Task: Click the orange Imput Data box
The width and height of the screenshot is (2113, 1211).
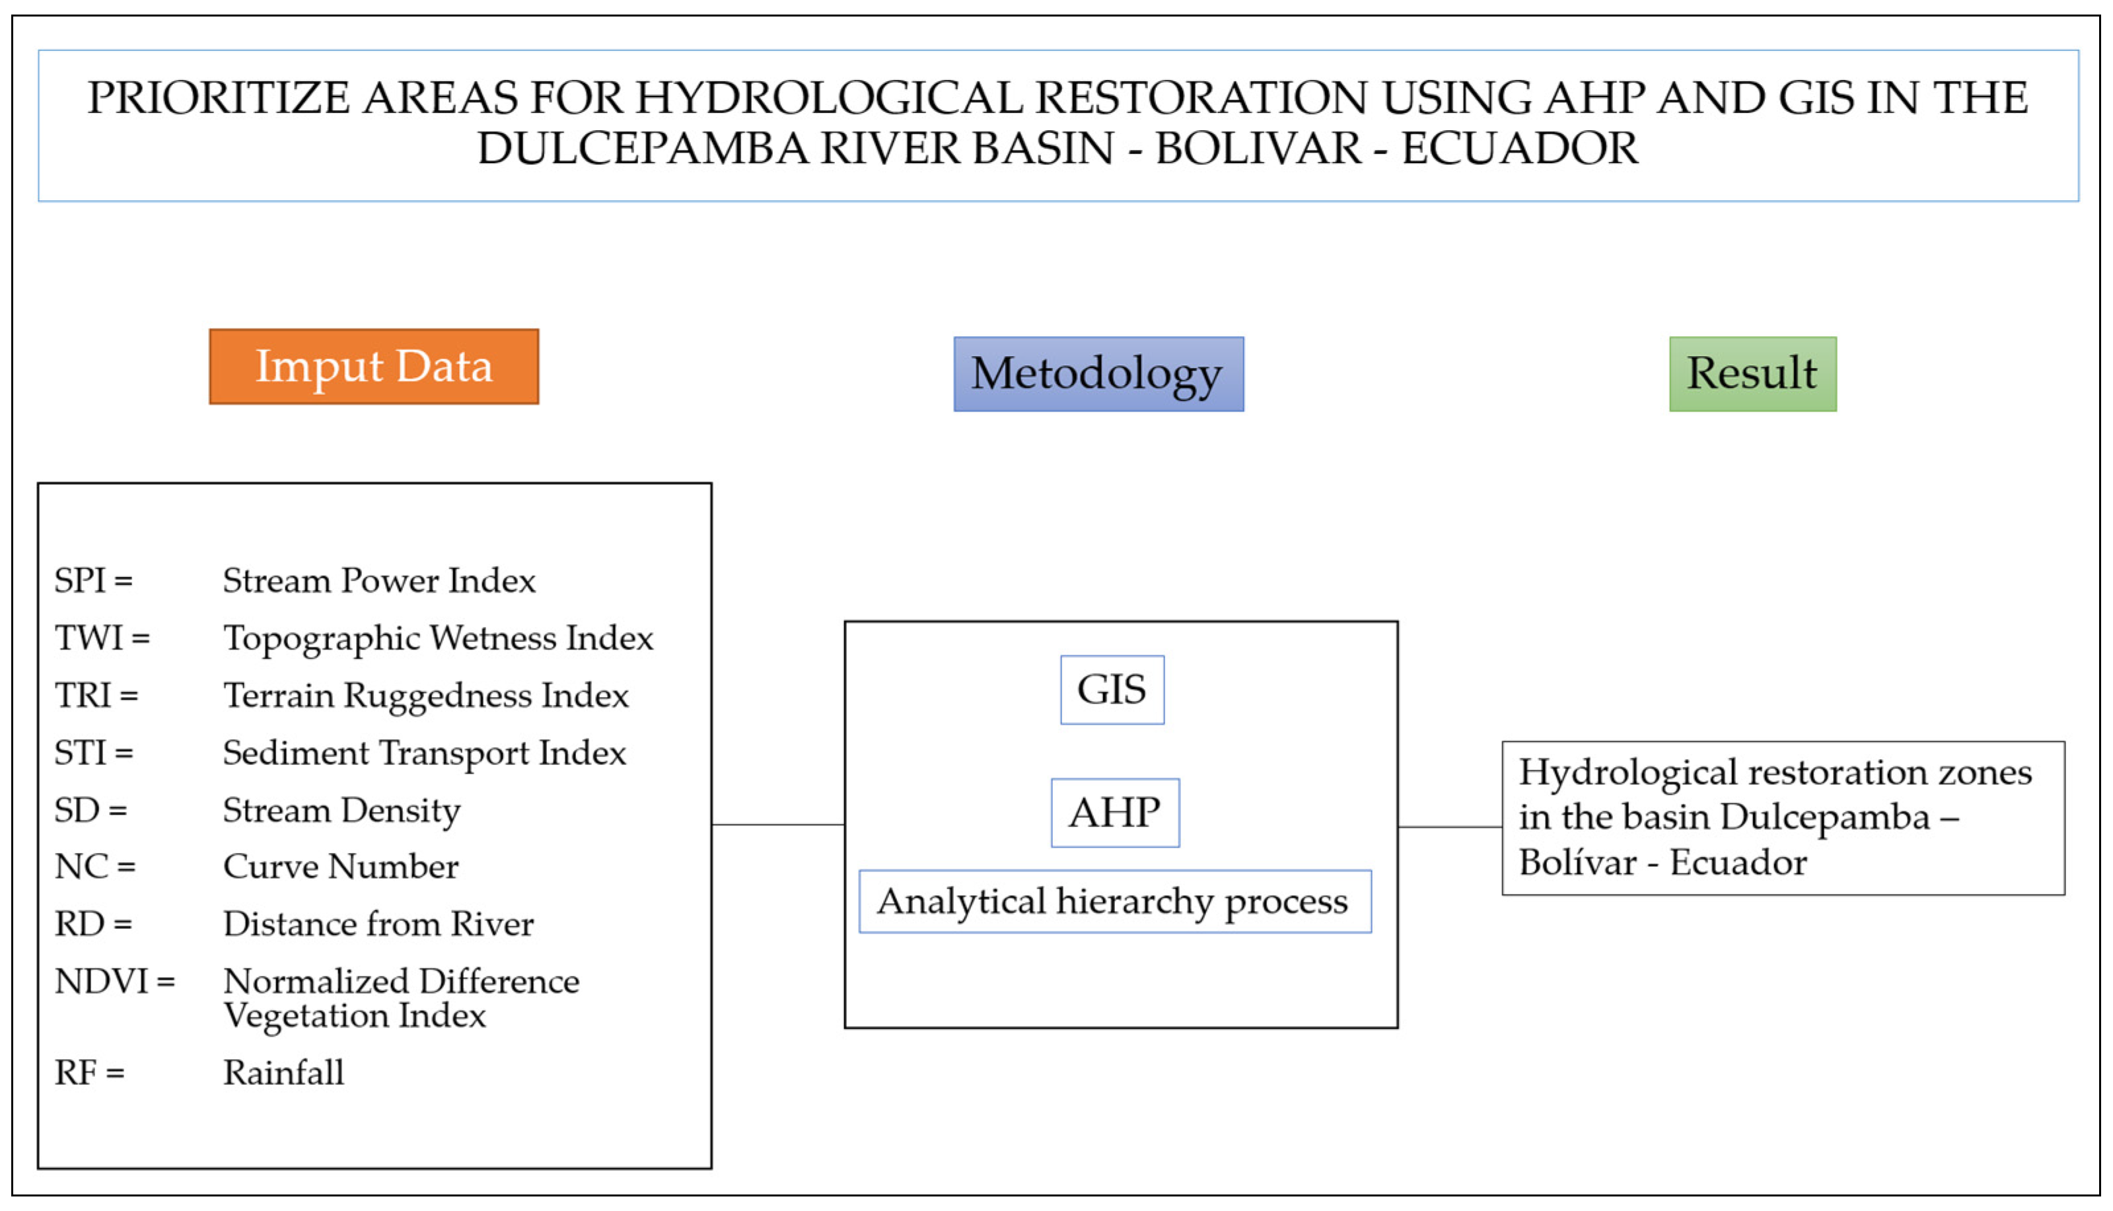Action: (x=373, y=367)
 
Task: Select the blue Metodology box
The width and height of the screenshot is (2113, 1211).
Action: (x=1098, y=375)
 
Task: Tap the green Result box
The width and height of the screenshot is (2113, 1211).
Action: (x=1752, y=375)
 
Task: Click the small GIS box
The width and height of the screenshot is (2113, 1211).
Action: (x=1112, y=690)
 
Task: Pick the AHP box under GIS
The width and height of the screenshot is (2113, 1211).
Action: (x=1114, y=813)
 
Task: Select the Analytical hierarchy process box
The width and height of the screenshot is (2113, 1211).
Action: (x=1114, y=902)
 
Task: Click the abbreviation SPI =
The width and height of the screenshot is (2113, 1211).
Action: (x=93, y=581)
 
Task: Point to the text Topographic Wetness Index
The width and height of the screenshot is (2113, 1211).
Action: (x=438, y=639)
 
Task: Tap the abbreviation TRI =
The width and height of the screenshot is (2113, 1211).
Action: (x=96, y=695)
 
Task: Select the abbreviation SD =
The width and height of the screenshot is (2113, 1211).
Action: (x=90, y=810)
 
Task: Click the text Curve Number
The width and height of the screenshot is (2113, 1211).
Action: (x=341, y=867)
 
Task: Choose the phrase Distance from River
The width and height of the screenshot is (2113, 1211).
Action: (x=378, y=924)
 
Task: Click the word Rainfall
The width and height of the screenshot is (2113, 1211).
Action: (x=283, y=1072)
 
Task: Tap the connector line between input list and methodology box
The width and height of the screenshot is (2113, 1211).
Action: (x=777, y=825)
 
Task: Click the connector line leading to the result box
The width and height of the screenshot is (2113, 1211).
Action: (x=1449, y=826)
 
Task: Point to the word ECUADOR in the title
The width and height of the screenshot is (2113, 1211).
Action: (x=1519, y=149)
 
